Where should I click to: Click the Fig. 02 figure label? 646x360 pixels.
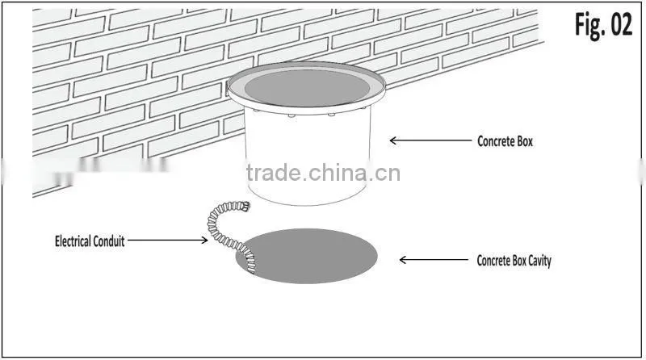[603, 25]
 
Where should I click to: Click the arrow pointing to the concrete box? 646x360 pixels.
[430, 140]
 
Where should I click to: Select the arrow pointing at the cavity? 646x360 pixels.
[434, 260]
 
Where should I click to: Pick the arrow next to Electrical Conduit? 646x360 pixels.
[168, 240]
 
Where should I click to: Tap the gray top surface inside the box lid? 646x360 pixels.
[308, 88]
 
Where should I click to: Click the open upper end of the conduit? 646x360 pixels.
[245, 205]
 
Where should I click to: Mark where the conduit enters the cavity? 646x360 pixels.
[251, 268]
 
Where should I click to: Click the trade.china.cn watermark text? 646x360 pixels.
[324, 173]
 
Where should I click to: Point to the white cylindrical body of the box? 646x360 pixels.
[308, 157]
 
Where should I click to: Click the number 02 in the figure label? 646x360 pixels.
[621, 24]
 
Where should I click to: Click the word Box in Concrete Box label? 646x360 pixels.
[524, 141]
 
